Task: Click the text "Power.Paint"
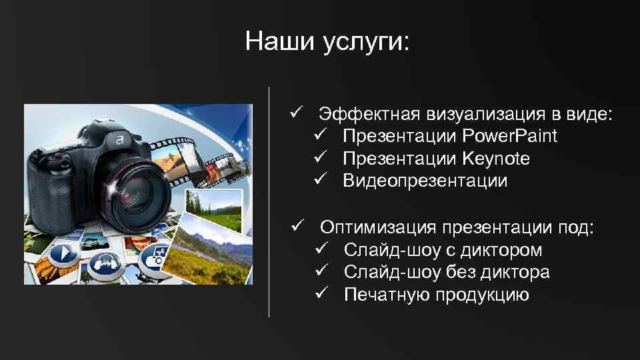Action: tap(509, 136)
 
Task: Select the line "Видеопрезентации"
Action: tap(425, 181)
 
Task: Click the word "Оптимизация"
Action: tap(377, 228)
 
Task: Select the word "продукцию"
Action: tap(482, 295)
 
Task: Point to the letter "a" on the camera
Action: tap(119, 140)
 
